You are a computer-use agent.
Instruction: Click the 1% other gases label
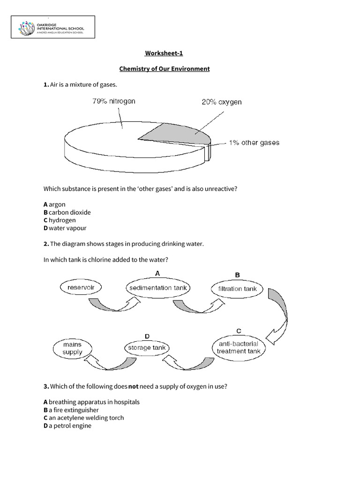254,142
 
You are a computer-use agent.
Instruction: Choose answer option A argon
54,205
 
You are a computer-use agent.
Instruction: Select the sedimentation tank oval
157,288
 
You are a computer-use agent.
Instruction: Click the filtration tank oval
237,289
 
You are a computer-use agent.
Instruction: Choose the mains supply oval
73,348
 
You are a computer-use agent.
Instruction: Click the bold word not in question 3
133,386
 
